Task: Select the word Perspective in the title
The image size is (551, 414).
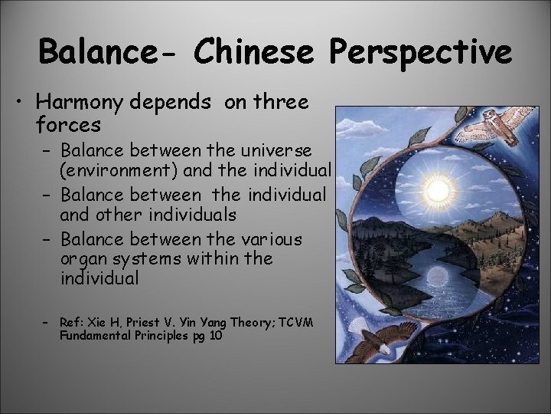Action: (423, 53)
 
